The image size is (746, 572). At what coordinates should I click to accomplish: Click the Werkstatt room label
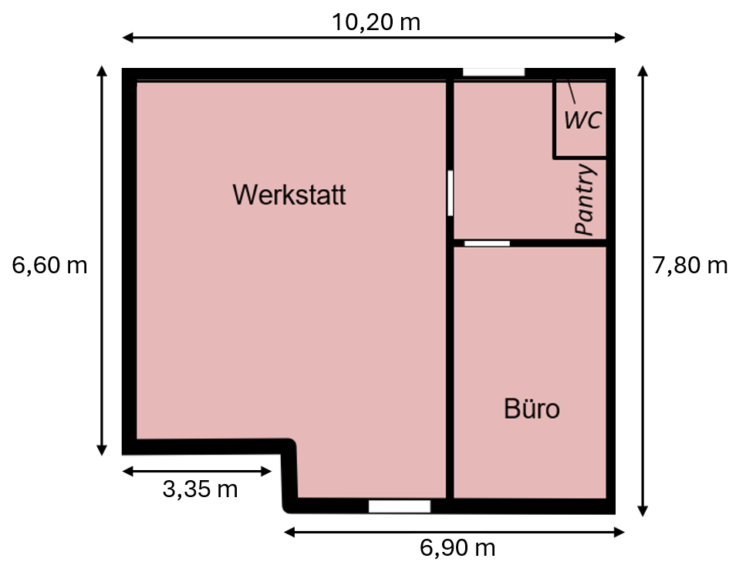point(289,195)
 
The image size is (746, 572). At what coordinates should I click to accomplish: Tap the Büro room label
point(532,409)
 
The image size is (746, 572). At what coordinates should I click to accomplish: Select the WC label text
point(582,120)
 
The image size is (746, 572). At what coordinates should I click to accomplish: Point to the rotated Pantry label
point(586,199)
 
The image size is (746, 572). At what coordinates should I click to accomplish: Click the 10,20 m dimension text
point(376,22)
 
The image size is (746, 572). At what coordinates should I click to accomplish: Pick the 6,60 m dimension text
point(49,265)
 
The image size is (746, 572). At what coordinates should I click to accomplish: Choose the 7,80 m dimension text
point(690,265)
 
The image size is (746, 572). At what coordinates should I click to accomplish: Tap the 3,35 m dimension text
point(200,489)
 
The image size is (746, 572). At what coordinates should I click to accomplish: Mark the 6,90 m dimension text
point(457,548)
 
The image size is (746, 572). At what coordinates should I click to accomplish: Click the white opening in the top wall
point(494,72)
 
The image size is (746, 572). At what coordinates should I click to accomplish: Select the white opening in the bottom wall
point(400,506)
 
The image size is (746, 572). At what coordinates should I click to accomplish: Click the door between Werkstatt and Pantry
point(450,193)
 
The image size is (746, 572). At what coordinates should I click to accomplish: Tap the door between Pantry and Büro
point(488,244)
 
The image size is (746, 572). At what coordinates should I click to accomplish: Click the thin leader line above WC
point(571,92)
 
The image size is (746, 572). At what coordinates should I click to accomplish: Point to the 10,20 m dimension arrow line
point(374,38)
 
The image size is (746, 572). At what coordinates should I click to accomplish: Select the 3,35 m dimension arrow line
point(197,472)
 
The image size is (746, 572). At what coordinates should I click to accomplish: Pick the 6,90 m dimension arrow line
point(454,532)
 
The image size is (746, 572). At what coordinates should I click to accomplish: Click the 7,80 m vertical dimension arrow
point(643,291)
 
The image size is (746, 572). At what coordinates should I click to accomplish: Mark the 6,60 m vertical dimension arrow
point(101,261)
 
